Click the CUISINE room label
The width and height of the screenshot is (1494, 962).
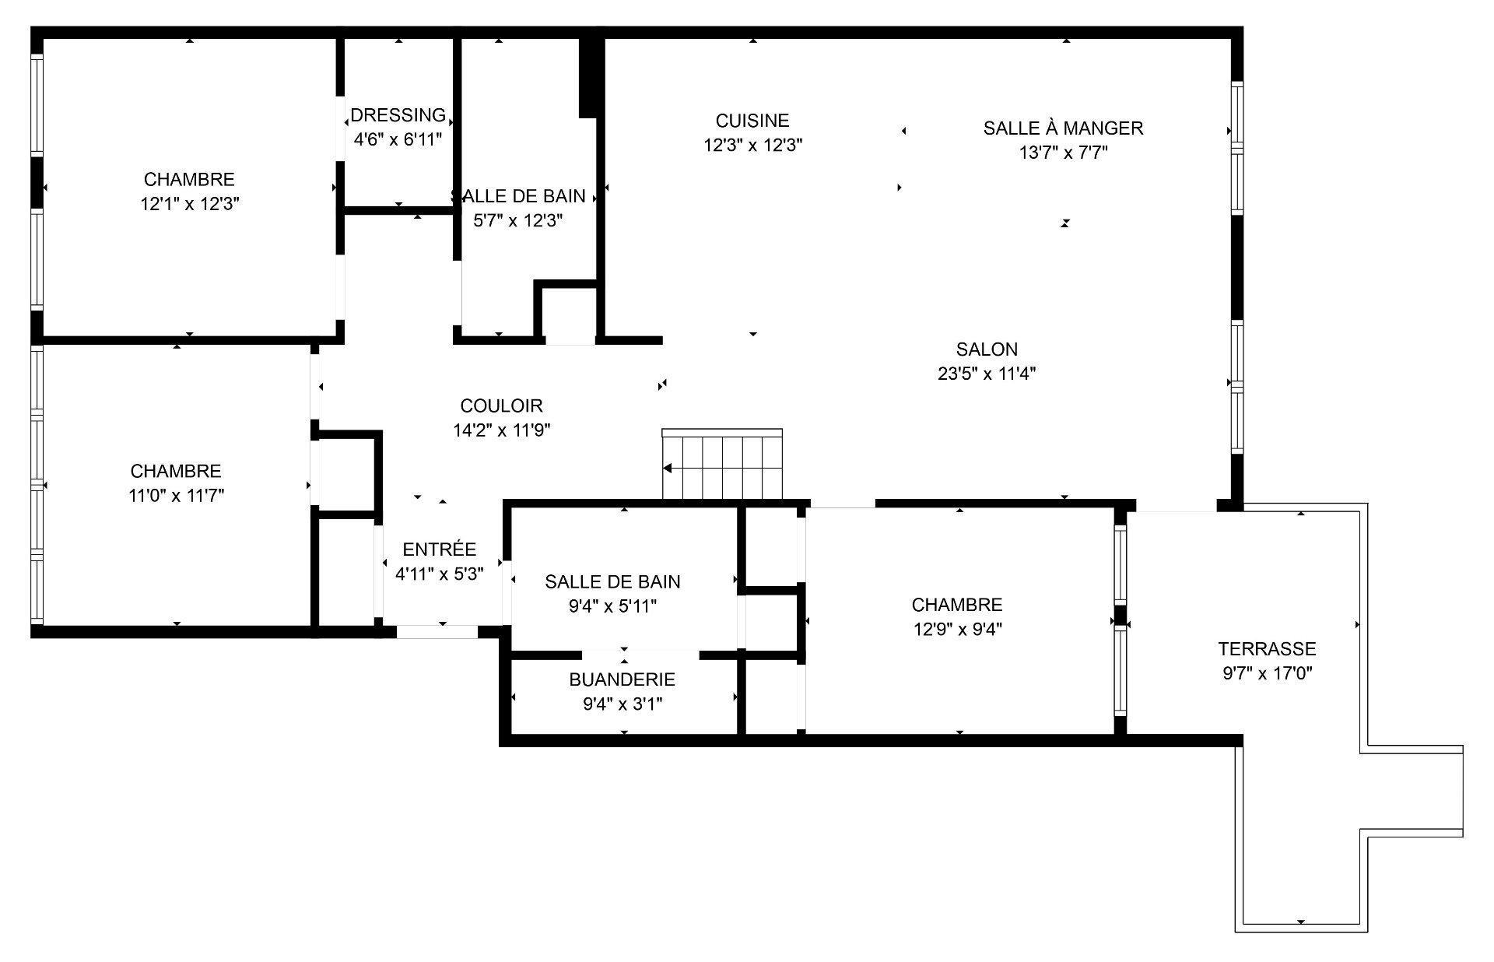[x=752, y=121]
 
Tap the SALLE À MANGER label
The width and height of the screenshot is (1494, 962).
[x=1063, y=128]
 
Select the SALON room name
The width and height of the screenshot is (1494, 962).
[x=987, y=349]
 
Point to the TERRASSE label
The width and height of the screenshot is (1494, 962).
[x=1267, y=649]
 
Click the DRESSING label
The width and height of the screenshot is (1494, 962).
[x=398, y=116]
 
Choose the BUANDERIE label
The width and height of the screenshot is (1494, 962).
[x=622, y=679]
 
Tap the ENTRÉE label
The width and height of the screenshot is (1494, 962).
[x=439, y=549]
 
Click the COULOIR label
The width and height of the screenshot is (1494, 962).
[x=501, y=406]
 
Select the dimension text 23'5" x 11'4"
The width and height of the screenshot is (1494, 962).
[x=987, y=374]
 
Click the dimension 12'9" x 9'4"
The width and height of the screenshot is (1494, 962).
[x=957, y=629]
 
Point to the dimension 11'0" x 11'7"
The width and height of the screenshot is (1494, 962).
[x=176, y=495]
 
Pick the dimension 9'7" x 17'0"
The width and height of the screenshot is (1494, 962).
[x=1267, y=673]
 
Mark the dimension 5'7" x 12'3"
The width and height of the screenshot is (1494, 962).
[x=517, y=221]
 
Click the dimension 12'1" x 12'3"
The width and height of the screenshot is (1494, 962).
[x=189, y=204]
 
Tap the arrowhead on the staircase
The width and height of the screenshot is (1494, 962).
[x=668, y=469]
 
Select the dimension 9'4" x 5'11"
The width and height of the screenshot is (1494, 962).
[x=612, y=606]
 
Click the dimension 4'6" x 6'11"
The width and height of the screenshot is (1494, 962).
[x=398, y=140]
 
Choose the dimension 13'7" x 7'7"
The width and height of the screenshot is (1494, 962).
[x=1063, y=153]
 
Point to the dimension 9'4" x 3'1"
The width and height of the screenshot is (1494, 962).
[x=622, y=704]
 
